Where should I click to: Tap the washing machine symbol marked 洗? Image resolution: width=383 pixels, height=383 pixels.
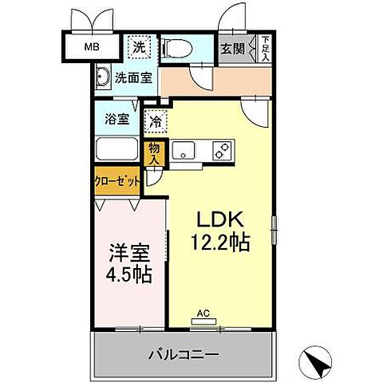coord(139,47)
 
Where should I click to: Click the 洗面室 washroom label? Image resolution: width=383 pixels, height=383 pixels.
coord(131,78)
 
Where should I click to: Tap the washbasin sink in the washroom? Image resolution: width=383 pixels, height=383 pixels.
coord(102,77)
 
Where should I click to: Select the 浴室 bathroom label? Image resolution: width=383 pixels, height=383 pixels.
coord(117,120)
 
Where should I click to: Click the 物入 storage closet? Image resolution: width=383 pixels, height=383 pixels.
coord(154,152)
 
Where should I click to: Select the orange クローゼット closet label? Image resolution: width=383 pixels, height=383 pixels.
coord(118,180)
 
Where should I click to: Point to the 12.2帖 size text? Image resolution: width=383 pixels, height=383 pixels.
coord(221,242)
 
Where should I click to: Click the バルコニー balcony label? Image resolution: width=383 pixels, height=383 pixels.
coord(184,354)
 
